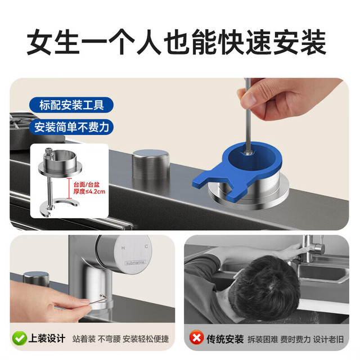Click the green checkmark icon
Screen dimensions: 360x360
pyautogui.click(x=19, y=339)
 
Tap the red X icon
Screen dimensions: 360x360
pyautogui.click(x=196, y=337)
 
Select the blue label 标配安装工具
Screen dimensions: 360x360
pyautogui.click(x=71, y=105)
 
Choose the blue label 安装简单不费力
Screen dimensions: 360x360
pyautogui.click(x=71, y=127)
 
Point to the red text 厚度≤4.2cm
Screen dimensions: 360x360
pyautogui.click(x=89, y=191)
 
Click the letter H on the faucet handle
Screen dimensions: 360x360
pyautogui.click(x=123, y=247)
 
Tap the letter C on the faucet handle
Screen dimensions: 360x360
pyautogui.click(x=146, y=246)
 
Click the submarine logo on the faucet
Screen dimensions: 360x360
pyautogui.click(x=135, y=263)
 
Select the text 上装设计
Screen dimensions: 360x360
pyautogui.click(x=47, y=339)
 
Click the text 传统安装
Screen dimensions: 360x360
pyautogui.click(x=225, y=339)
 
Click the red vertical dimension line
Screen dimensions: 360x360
pyautogui.click(x=69, y=188)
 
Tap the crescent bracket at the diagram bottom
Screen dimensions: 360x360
pyautogui.click(x=59, y=206)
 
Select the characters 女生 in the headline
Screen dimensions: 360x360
pyautogui.click(x=53, y=42)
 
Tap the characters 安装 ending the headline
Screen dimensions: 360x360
pyautogui.click(x=299, y=42)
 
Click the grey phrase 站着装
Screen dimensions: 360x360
pyautogui.click(x=84, y=339)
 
